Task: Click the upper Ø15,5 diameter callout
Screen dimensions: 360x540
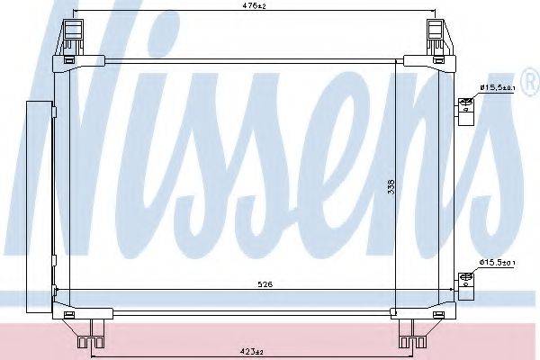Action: click(x=497, y=87)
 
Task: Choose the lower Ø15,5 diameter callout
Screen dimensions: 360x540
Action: click(x=497, y=262)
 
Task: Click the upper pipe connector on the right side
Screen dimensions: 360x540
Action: click(x=465, y=107)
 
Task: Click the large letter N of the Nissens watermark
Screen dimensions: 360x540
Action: click(x=85, y=126)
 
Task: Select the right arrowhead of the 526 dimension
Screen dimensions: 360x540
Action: click(x=454, y=291)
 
